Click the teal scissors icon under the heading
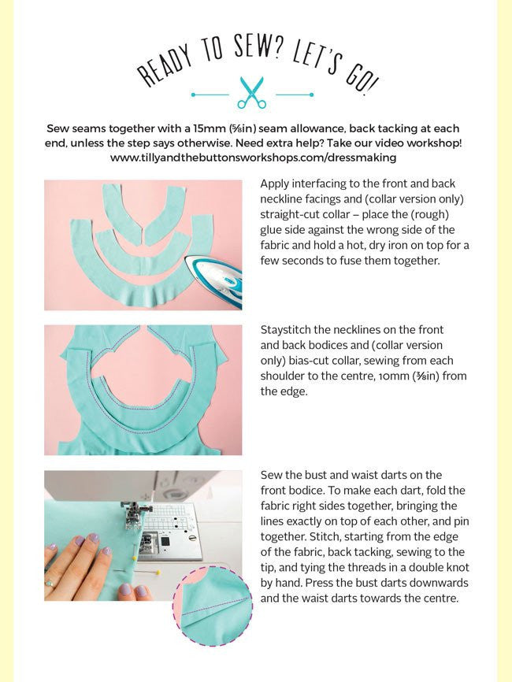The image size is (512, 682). (x=252, y=93)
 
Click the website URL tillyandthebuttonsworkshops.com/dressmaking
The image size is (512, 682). (x=253, y=157)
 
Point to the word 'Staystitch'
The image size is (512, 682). (x=285, y=330)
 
